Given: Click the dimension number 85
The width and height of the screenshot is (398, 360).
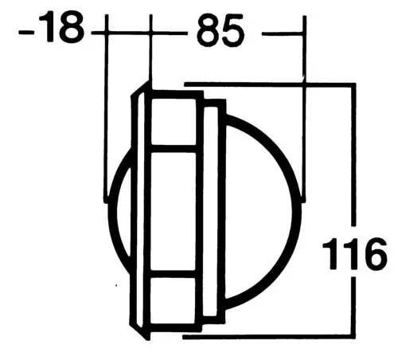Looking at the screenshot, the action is click(220, 31).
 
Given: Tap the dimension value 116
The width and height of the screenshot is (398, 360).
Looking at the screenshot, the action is click(355, 254).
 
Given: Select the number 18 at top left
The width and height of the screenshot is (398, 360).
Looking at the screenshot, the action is click(61, 27).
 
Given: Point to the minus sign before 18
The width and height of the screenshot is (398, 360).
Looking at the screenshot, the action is click(26, 33).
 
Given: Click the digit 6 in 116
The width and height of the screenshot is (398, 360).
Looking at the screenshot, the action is click(376, 254).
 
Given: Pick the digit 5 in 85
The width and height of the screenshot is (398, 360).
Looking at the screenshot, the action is click(232, 31).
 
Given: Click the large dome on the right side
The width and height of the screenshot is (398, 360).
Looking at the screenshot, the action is click(263, 212).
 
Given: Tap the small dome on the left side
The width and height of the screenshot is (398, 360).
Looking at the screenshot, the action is click(119, 211).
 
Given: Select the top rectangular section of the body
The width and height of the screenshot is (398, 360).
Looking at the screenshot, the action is click(174, 121).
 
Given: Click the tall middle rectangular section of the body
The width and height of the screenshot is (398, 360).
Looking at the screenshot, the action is click(174, 211).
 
